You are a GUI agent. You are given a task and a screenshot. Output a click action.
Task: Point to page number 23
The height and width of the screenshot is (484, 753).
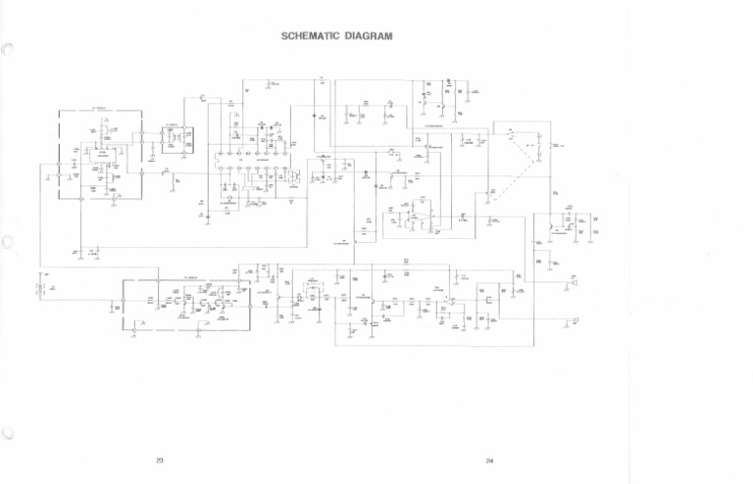coord(160,460)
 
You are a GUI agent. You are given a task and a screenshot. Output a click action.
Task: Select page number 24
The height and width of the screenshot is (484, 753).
coord(488,460)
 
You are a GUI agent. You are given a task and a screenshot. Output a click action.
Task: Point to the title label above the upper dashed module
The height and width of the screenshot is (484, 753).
coord(100,108)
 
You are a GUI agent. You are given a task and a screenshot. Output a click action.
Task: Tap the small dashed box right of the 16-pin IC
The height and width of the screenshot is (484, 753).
coord(323,176)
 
